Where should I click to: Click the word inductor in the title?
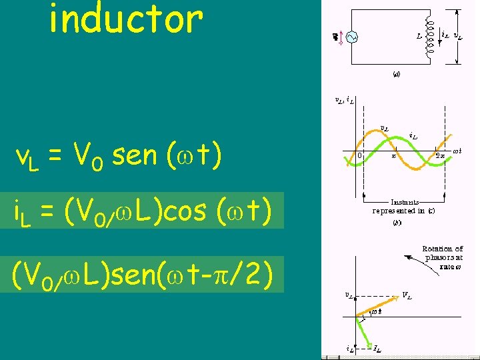pos(125,20)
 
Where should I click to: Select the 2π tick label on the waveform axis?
pos(441,156)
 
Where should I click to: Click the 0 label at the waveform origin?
pos(359,156)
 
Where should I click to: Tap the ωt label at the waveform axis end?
pos(457,151)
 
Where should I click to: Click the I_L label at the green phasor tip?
pos(377,349)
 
